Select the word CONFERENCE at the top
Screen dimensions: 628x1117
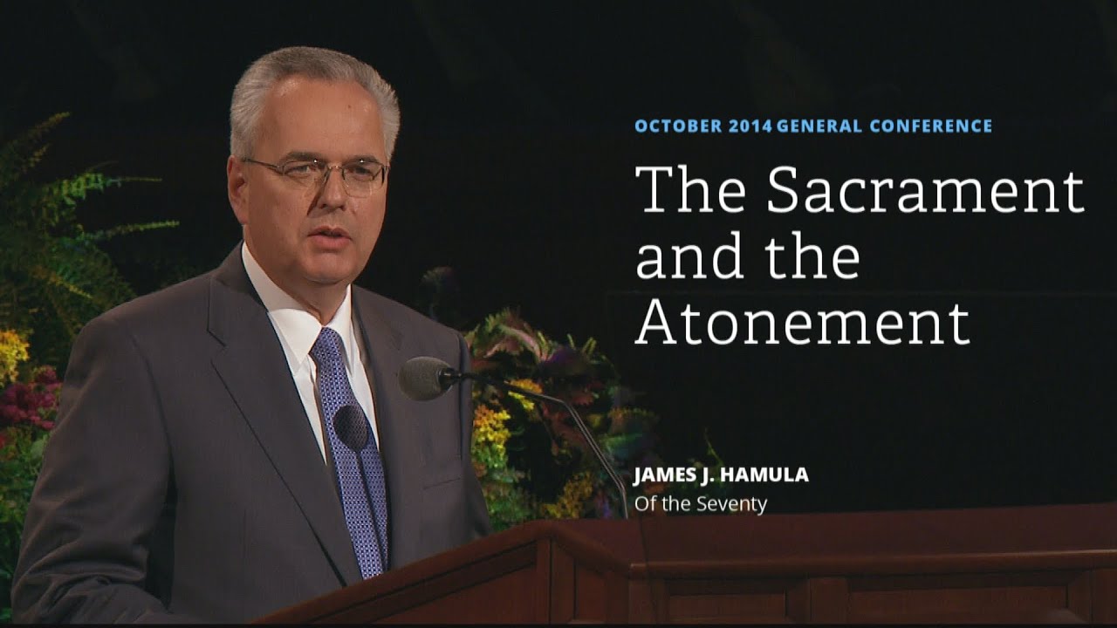[x=932, y=126]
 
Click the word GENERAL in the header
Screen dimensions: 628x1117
[x=820, y=126]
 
